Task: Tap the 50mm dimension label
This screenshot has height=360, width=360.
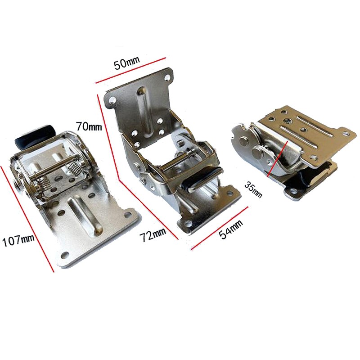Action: pyautogui.click(x=127, y=63)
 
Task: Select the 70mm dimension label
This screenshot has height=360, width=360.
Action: pyautogui.click(x=89, y=126)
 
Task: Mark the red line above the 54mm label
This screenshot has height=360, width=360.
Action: pyautogui.click(x=219, y=228)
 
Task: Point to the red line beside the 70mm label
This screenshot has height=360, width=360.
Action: pyautogui.click(x=107, y=135)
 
